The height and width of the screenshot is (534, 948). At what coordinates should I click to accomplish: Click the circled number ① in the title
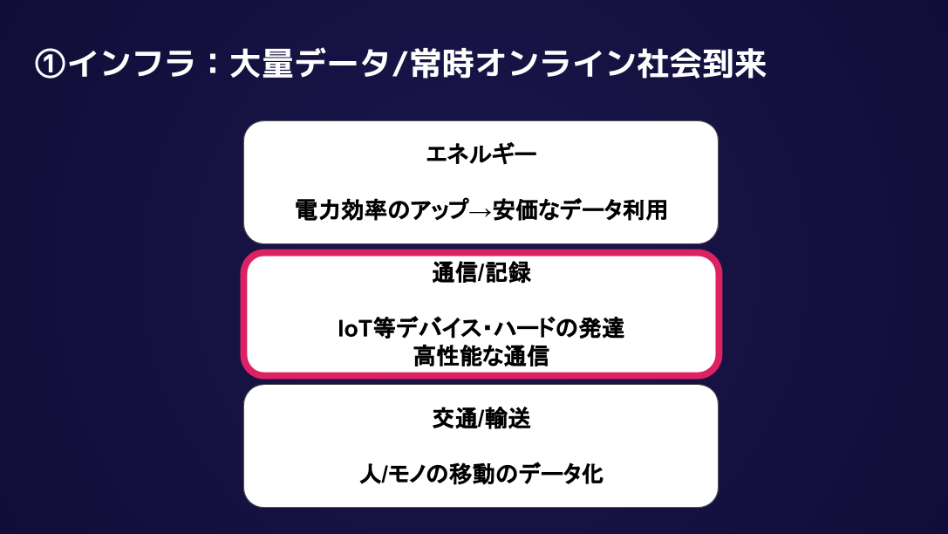tap(49, 65)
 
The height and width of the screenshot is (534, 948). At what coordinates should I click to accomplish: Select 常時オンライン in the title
tap(511, 65)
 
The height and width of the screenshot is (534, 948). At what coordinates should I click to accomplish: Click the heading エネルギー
tap(481, 154)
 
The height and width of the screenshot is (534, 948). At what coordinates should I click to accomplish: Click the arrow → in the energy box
tap(479, 211)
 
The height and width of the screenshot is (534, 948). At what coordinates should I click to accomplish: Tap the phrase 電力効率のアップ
tap(380, 211)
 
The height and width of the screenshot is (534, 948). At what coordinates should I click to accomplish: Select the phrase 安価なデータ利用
tap(580, 211)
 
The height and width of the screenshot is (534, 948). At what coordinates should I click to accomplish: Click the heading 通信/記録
tap(481, 273)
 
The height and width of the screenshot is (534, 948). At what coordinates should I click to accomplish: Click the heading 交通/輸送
tap(481, 418)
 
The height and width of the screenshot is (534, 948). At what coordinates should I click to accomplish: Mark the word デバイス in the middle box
tap(428, 330)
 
